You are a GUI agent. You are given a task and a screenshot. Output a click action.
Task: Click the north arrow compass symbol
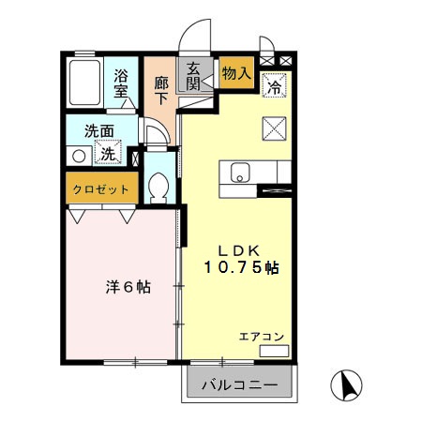pos(347,384)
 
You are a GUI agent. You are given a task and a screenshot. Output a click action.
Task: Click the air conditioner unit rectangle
pos(274,352)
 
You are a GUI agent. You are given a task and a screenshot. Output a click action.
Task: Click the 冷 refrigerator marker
pos(275,84)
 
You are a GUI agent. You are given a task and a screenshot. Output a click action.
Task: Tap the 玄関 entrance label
pos(194,74)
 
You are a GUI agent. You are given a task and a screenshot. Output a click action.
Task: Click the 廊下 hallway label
pos(160,86)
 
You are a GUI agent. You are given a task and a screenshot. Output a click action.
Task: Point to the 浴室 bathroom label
pos(123,83)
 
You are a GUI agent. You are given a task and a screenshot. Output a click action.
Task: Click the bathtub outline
pos(87,84)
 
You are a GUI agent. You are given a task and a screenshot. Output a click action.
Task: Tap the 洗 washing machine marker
pos(110,153)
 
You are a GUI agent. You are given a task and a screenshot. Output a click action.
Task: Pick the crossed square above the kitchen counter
pos(275,126)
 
